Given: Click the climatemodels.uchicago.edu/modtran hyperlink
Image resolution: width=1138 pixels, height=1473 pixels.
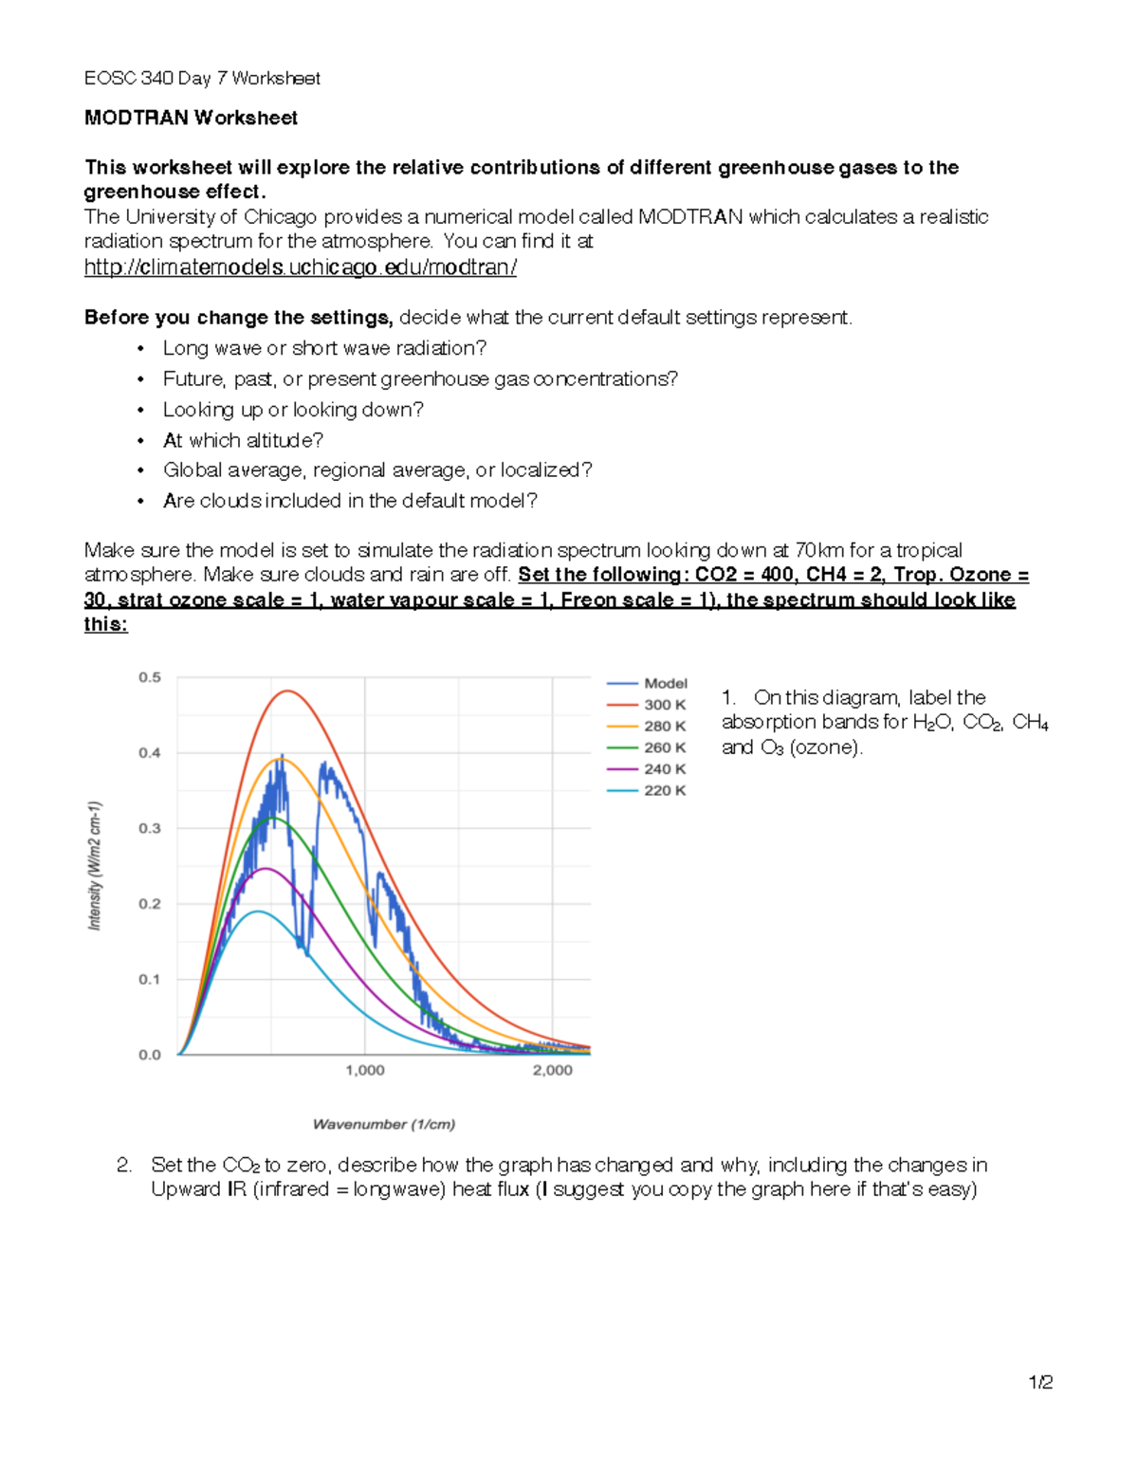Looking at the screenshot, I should [301, 267].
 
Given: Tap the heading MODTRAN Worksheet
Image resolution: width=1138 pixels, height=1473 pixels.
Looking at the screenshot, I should [191, 118].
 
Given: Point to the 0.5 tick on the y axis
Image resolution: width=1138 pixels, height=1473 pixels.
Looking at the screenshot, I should [150, 677].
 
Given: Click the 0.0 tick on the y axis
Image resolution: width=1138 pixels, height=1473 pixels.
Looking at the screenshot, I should [150, 1055].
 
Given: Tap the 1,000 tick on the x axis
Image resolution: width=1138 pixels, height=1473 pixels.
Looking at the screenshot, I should [365, 1070].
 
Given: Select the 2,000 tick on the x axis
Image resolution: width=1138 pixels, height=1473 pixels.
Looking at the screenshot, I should [552, 1070].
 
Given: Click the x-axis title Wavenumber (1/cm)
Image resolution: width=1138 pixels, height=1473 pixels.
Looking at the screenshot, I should [384, 1124].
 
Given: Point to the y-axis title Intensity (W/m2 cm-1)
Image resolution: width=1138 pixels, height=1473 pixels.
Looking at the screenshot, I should [94, 865].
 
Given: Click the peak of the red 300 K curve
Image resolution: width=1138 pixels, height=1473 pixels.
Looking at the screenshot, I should [287, 691].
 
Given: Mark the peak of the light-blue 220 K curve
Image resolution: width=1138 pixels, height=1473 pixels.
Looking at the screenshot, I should [257, 911].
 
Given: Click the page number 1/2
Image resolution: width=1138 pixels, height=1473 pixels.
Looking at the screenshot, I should [1040, 1382].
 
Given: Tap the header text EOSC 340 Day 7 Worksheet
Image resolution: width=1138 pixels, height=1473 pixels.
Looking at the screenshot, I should [202, 78].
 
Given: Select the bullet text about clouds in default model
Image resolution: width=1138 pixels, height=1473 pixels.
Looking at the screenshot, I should [350, 501].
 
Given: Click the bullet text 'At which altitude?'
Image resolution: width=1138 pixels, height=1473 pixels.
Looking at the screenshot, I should [243, 440].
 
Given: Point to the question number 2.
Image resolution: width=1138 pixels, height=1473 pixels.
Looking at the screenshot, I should [124, 1165].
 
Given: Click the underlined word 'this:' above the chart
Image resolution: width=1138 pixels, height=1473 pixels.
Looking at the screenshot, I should [105, 624].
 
